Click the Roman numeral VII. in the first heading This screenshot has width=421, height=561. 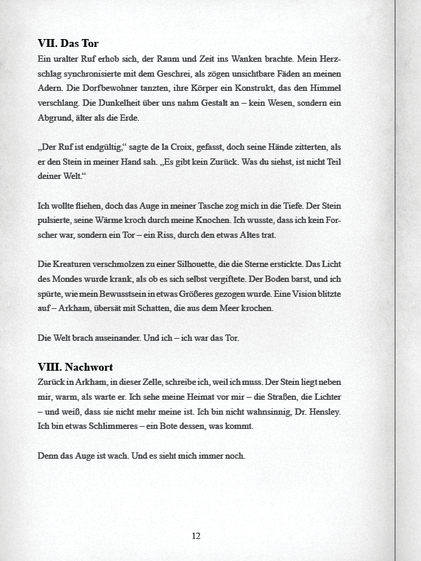(49, 44)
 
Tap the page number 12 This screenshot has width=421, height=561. (196, 536)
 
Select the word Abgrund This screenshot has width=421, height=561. (57, 118)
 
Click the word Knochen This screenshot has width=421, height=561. (233, 220)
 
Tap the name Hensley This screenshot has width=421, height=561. (322, 411)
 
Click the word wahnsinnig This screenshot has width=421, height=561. (266, 411)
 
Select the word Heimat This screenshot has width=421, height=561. (190, 397)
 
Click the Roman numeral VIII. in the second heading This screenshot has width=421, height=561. (50, 367)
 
